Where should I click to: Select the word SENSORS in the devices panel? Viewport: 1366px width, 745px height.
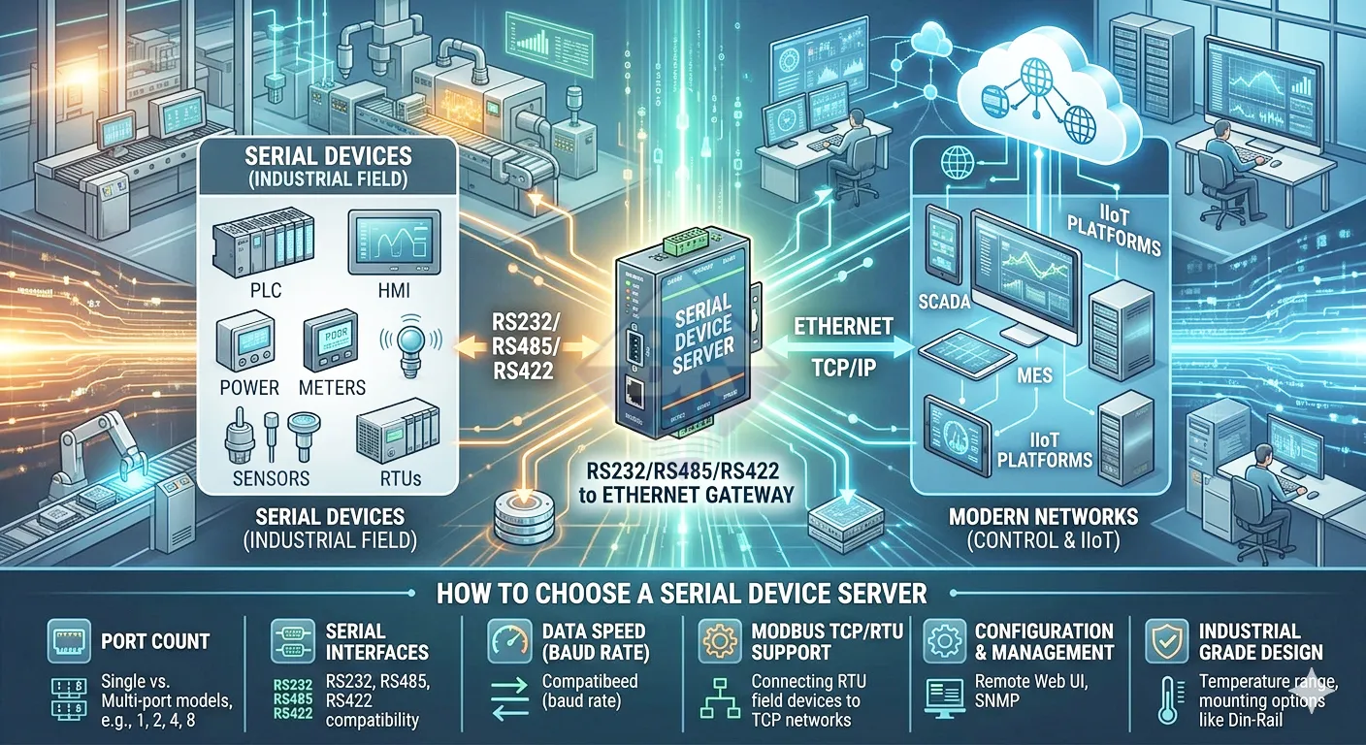pyautogui.click(x=272, y=478)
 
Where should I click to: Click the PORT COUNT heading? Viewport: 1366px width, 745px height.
pyautogui.click(x=155, y=641)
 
